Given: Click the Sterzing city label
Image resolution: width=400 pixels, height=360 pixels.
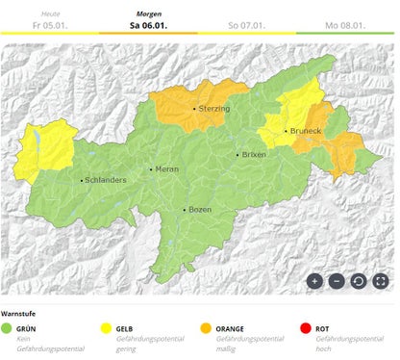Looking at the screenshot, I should coord(213,109).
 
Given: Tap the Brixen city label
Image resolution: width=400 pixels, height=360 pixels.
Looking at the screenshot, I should coord(255,154).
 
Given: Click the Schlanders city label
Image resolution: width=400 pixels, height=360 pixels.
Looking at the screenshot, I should coord(106,179).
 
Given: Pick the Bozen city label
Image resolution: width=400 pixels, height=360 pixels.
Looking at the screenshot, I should coord(200,209).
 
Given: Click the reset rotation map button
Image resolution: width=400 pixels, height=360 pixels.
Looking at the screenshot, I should coord(358,281).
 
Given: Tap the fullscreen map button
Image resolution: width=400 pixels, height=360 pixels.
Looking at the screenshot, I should coord(380,281).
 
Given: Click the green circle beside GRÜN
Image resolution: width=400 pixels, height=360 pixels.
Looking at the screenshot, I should coord(7,329).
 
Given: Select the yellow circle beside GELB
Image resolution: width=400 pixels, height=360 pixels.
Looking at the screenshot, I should coord(107,329).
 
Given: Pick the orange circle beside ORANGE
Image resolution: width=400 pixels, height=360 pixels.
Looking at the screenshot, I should coord(207,329).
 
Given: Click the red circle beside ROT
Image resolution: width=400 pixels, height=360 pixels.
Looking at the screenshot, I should coord(307,329).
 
